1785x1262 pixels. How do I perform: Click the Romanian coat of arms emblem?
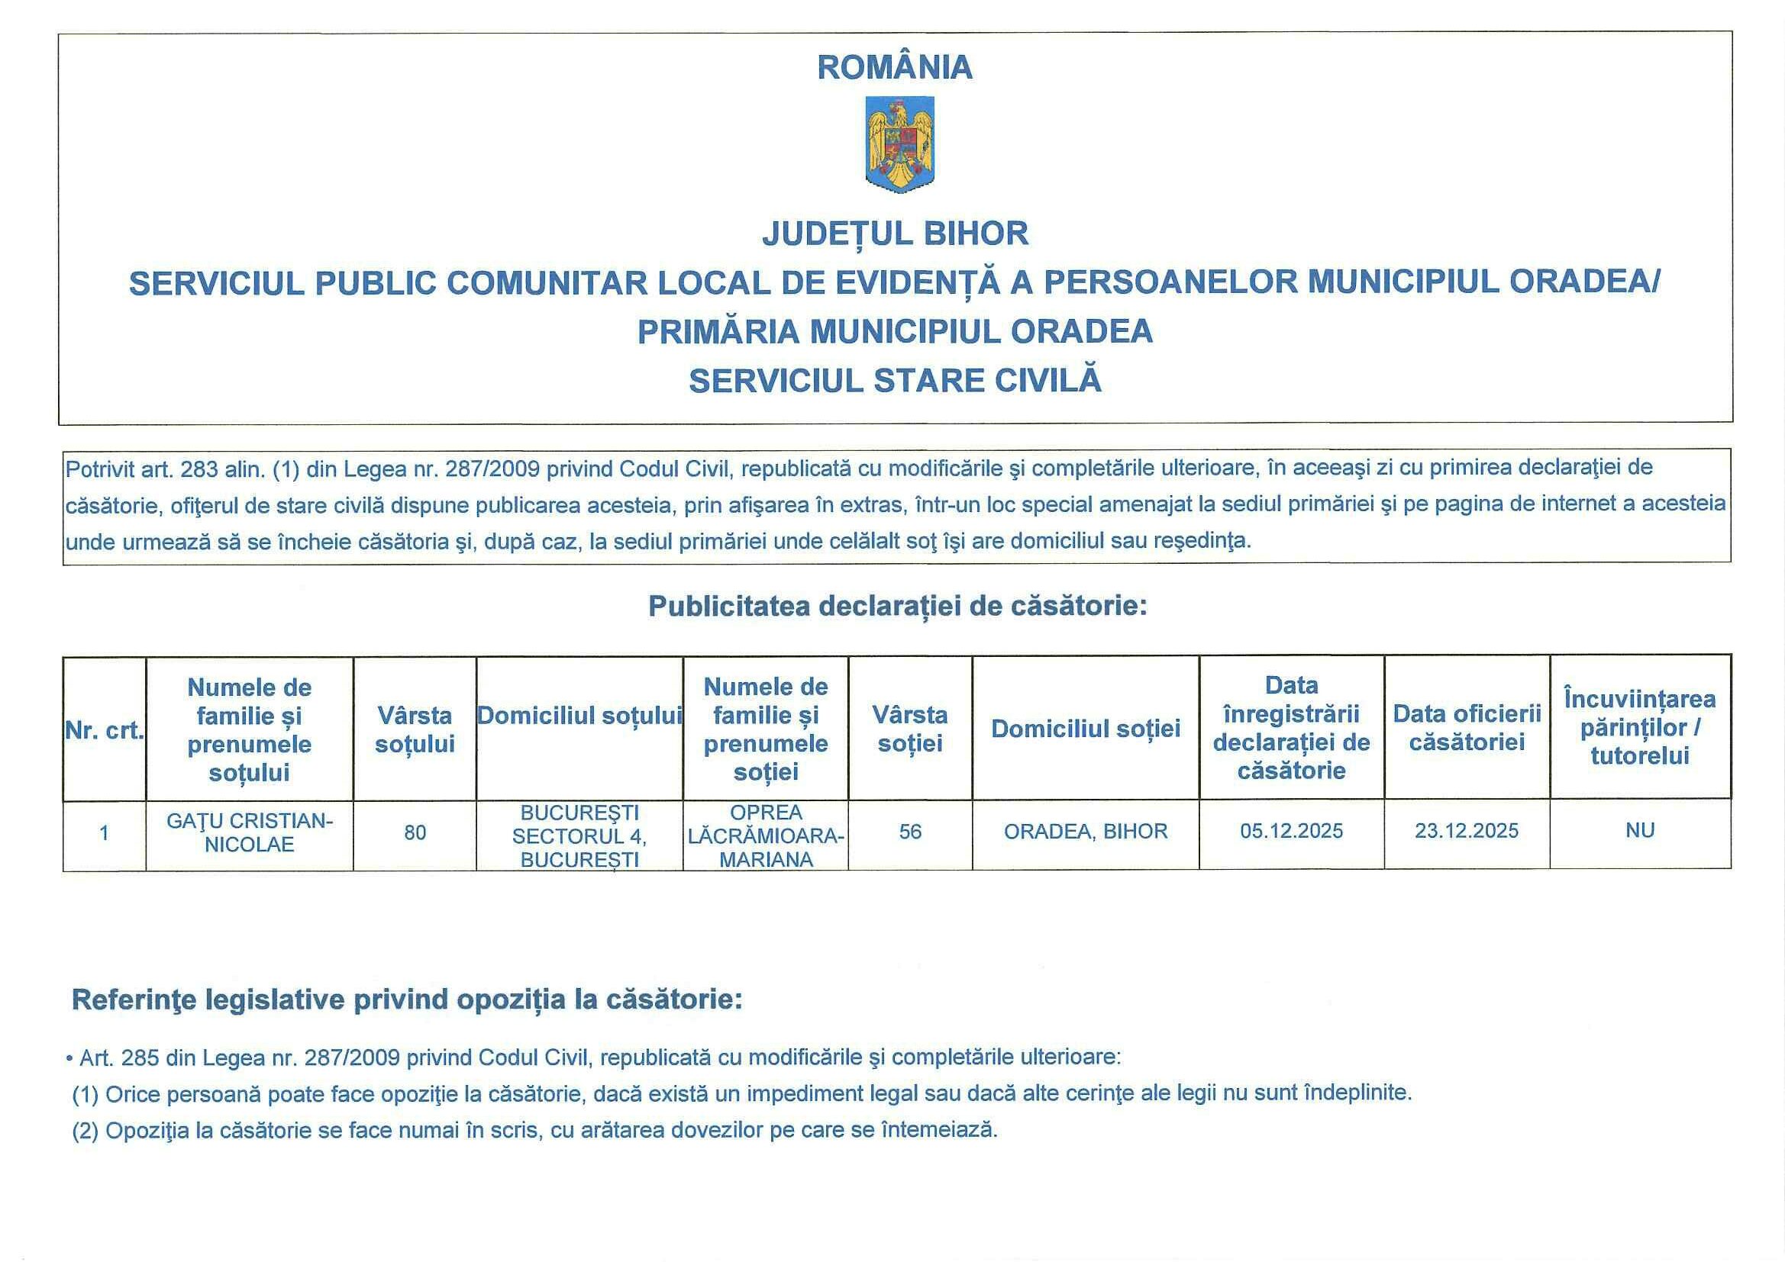(899, 144)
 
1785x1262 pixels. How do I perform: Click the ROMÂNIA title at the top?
(895, 68)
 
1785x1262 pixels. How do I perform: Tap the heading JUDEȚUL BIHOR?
(895, 234)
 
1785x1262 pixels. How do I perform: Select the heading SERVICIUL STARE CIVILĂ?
(895, 381)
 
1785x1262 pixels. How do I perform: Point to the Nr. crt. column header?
(104, 730)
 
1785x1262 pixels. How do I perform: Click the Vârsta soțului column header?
(415, 729)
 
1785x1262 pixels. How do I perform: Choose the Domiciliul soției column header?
(1086, 729)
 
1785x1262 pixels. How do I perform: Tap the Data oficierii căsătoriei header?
(1466, 727)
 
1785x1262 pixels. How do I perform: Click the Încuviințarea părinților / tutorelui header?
(1640, 727)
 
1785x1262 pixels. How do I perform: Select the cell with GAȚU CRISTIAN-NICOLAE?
(250, 833)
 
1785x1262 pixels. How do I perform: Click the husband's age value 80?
(415, 833)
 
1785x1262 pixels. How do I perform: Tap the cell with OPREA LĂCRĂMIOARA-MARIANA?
(766, 835)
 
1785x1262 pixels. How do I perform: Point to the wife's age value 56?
(909, 832)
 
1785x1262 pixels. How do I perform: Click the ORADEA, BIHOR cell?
(1086, 832)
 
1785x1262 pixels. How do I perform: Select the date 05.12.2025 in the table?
(1291, 832)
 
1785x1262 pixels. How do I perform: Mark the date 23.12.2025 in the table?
(1466, 832)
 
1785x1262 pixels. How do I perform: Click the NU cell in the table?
(1640, 831)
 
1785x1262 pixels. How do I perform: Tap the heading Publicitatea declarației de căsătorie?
(898, 606)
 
